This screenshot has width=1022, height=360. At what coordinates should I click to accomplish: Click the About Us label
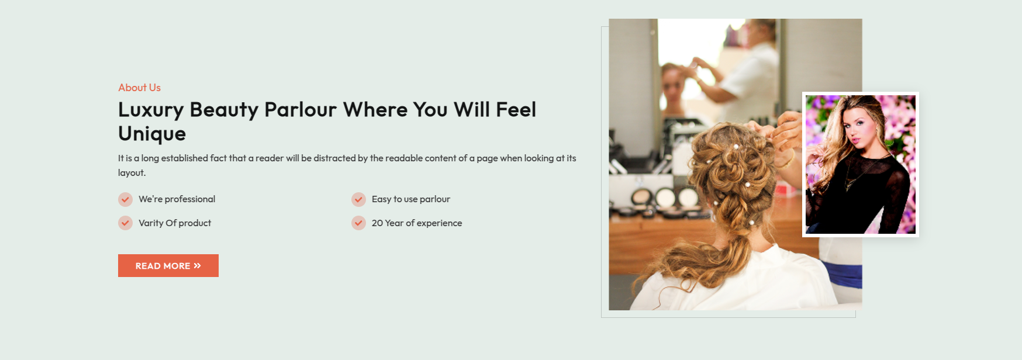139,88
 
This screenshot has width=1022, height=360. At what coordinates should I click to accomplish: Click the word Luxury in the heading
151,110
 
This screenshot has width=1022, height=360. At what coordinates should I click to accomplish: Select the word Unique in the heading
152,134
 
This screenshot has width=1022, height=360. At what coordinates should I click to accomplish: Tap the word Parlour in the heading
301,110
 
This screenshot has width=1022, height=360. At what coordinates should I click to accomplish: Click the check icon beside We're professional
125,200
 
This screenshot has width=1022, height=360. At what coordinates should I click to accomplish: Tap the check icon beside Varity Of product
125,223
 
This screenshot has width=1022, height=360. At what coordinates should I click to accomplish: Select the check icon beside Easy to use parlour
358,200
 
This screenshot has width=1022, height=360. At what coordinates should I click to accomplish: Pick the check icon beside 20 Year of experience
358,223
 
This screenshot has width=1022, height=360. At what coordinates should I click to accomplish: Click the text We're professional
177,199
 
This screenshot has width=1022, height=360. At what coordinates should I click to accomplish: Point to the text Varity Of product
175,223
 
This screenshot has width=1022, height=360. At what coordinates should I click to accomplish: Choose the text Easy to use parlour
411,199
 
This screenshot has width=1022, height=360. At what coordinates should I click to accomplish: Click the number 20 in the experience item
377,223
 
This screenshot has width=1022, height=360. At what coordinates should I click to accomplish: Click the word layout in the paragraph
131,173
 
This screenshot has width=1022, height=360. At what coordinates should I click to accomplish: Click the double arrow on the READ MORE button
197,266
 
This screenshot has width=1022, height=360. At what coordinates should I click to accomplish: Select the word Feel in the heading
516,110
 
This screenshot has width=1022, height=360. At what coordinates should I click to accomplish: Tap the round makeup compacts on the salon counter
664,198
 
